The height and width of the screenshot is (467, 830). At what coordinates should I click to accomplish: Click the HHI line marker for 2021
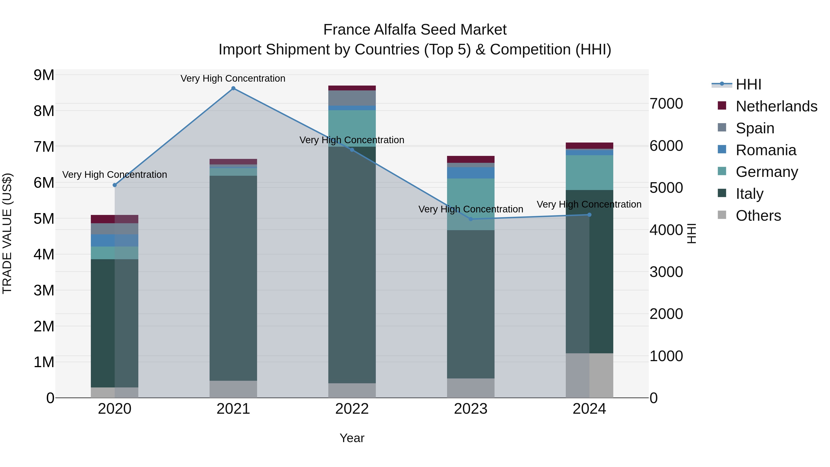pos(233,88)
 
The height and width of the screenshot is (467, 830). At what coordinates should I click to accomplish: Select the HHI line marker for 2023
pos(471,219)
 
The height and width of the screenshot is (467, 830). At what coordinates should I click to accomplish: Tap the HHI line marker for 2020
pos(115,185)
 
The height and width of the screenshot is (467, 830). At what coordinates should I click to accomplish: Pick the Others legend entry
pos(758,216)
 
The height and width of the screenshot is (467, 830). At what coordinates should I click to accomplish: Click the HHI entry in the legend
pos(748,84)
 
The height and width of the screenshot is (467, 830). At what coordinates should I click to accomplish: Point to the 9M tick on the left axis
pos(44,75)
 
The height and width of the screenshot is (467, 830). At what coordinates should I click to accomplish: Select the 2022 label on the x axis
pos(352,409)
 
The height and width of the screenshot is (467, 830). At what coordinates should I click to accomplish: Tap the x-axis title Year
pos(352,438)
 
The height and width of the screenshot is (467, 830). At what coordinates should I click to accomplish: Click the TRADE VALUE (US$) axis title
pos(7,234)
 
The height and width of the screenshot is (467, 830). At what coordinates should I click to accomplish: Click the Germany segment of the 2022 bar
pos(352,128)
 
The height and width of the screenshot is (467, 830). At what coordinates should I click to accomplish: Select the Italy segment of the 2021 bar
pos(233,278)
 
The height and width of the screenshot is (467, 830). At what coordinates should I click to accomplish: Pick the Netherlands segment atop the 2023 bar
pos(471,159)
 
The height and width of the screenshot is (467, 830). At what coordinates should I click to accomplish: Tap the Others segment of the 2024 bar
pos(589,375)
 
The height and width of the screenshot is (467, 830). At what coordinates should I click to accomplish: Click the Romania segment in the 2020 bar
pos(115,241)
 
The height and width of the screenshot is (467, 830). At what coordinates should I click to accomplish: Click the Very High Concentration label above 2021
pos(233,78)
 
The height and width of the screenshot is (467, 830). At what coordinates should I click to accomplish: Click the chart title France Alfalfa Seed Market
pos(415,30)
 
